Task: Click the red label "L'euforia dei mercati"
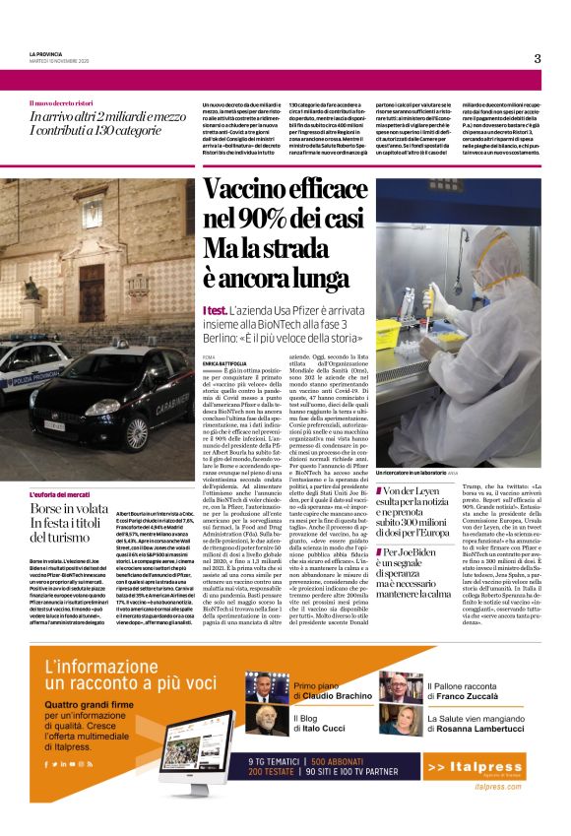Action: coord(57,521)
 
